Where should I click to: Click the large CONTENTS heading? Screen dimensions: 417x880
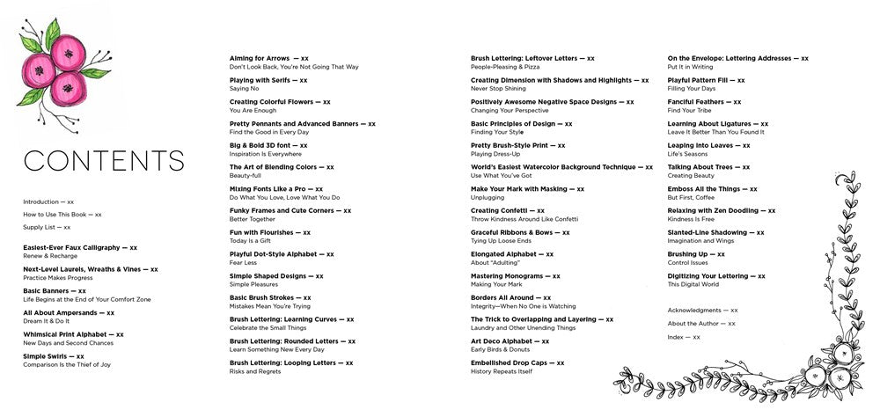[x=104, y=161]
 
